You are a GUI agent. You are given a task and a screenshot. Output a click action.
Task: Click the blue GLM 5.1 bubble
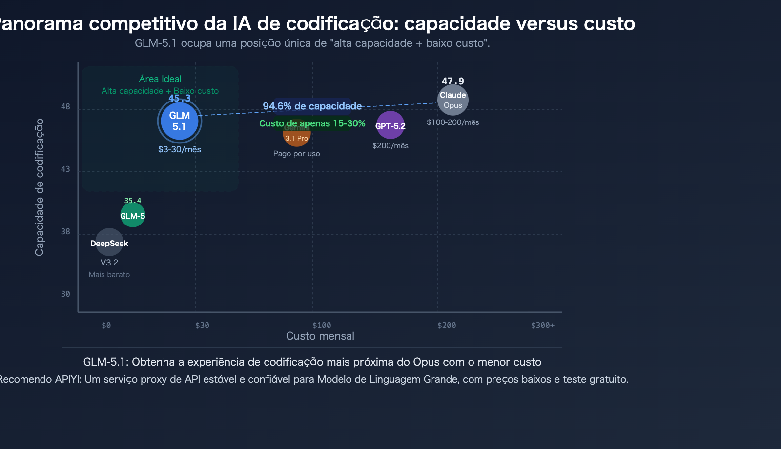click(x=180, y=121)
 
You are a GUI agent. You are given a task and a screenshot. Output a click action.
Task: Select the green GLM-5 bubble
click(x=133, y=215)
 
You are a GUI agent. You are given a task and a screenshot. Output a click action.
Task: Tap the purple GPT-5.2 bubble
click(x=390, y=125)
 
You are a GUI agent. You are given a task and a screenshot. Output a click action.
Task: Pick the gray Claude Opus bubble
click(x=453, y=100)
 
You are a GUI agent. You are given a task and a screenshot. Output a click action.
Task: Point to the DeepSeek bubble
click(x=109, y=243)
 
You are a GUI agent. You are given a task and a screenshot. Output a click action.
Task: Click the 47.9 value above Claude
click(x=453, y=81)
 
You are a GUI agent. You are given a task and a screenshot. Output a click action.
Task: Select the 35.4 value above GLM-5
click(x=133, y=201)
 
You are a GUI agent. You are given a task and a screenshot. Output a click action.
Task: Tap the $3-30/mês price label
click(x=180, y=149)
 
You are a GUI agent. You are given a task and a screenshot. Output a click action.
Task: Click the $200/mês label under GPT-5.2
click(x=390, y=146)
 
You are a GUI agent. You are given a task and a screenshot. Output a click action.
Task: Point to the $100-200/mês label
click(x=453, y=122)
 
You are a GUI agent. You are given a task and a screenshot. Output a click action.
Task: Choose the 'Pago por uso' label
click(x=297, y=154)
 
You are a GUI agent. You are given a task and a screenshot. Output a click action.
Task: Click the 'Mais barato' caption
click(x=109, y=275)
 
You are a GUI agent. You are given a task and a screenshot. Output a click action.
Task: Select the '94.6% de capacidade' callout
click(x=312, y=106)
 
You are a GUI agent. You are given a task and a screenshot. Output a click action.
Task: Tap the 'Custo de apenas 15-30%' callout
click(x=312, y=123)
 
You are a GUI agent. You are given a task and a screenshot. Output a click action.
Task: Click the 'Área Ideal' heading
click(x=160, y=79)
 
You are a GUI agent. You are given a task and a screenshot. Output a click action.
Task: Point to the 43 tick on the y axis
click(x=65, y=169)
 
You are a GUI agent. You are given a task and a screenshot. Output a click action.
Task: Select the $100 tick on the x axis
click(x=322, y=326)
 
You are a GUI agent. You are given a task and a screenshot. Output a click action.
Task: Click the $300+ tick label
click(x=543, y=326)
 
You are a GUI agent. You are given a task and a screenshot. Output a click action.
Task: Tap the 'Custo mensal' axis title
click(x=320, y=336)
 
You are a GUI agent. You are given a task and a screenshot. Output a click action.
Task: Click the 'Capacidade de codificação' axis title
click(x=40, y=187)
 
